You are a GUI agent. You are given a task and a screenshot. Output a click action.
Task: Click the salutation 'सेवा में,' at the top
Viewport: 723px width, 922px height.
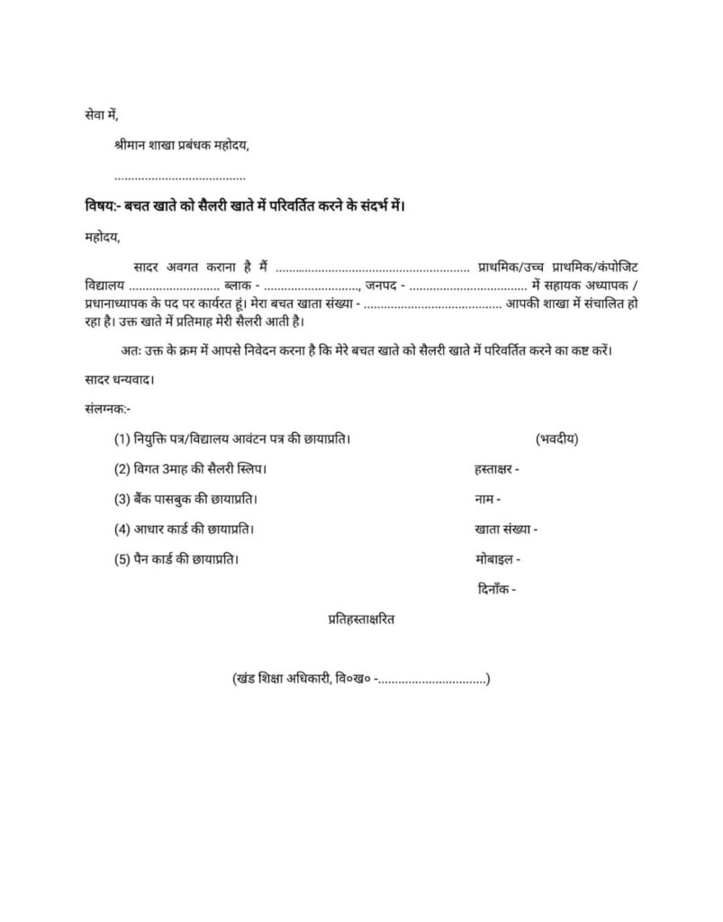101,116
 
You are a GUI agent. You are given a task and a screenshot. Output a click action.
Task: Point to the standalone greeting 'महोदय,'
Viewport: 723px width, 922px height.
100,238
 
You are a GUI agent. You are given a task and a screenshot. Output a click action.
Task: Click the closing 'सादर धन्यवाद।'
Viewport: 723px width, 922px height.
119,379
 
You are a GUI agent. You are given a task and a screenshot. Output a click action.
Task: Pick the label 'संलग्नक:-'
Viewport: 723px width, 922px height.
106,409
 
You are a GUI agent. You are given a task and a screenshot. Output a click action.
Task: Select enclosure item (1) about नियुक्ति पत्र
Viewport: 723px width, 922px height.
231,439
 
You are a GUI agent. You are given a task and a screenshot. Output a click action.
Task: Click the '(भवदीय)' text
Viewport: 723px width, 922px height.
556,439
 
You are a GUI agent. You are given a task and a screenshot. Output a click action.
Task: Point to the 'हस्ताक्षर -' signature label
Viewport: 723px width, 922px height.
496,469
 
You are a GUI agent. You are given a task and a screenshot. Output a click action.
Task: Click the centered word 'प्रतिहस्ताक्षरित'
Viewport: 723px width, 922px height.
361,620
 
